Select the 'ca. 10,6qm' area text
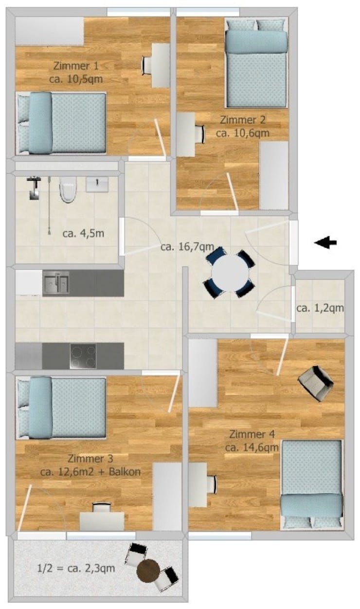coord(243,132)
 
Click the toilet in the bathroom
coord(67,189)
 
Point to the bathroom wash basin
coord(97,184)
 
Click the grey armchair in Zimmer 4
coord(315,383)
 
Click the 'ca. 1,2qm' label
coord(320,308)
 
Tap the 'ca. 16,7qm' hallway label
coord(187,246)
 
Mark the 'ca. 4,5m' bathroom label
coord(83,233)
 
